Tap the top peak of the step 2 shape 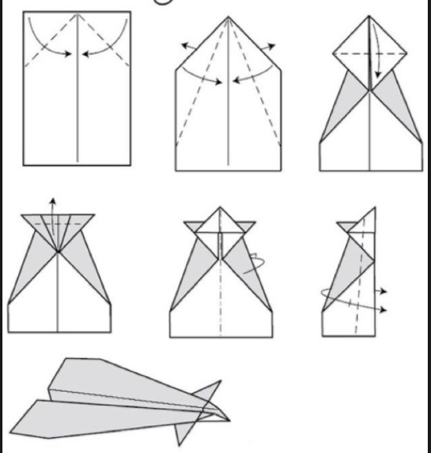[228, 17]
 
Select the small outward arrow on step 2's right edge [269, 46]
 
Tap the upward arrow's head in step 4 [53, 199]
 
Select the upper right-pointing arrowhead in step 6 [387, 289]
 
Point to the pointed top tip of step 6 [374, 208]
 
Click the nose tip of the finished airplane [229, 418]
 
